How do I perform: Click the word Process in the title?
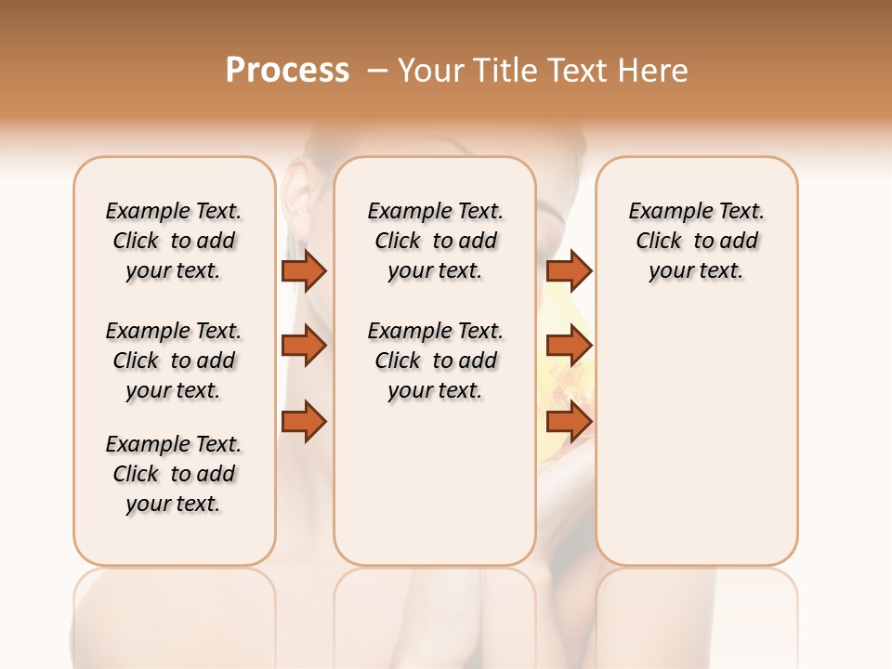287,71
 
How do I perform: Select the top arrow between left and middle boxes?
304,270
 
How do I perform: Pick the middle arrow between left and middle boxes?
304,346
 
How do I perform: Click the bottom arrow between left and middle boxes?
304,421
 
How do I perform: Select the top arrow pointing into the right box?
569,270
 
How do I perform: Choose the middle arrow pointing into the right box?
569,346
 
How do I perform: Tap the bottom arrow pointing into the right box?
569,421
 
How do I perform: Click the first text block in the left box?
174,241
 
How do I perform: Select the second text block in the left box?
174,361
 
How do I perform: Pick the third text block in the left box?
174,474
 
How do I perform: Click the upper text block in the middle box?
435,241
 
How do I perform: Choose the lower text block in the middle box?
435,361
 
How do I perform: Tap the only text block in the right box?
696,241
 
